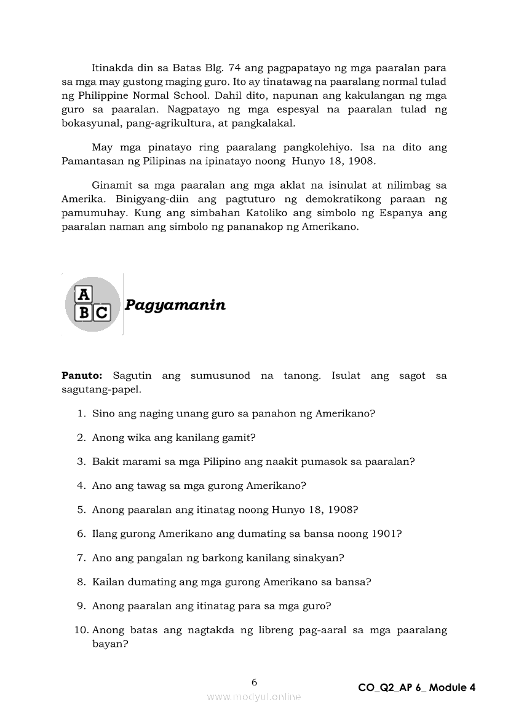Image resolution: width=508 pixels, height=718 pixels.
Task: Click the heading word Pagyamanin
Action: click(175, 305)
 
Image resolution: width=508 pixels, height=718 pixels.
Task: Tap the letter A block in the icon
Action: click(83, 295)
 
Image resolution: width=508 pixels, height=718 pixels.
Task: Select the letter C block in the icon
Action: click(101, 313)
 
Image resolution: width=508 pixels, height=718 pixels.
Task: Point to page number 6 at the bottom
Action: click(255, 682)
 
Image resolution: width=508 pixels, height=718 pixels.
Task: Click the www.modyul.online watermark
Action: click(254, 697)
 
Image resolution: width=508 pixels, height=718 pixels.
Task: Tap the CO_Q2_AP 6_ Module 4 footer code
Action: click(416, 688)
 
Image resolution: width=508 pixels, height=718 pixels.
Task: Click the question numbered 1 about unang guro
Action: click(233, 413)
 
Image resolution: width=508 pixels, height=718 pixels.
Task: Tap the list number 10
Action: click(82, 630)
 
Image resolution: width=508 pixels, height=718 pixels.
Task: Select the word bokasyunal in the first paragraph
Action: click(90, 123)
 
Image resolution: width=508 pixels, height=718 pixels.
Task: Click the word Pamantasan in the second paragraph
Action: click(91, 162)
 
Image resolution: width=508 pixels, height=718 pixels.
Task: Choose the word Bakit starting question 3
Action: click(105, 461)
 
